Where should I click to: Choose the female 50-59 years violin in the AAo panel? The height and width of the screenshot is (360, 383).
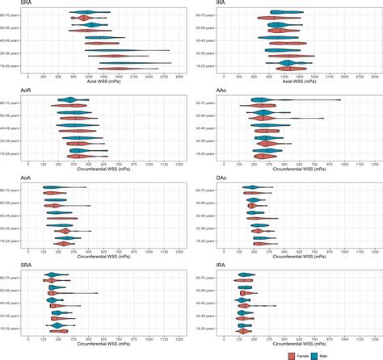[263, 118]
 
